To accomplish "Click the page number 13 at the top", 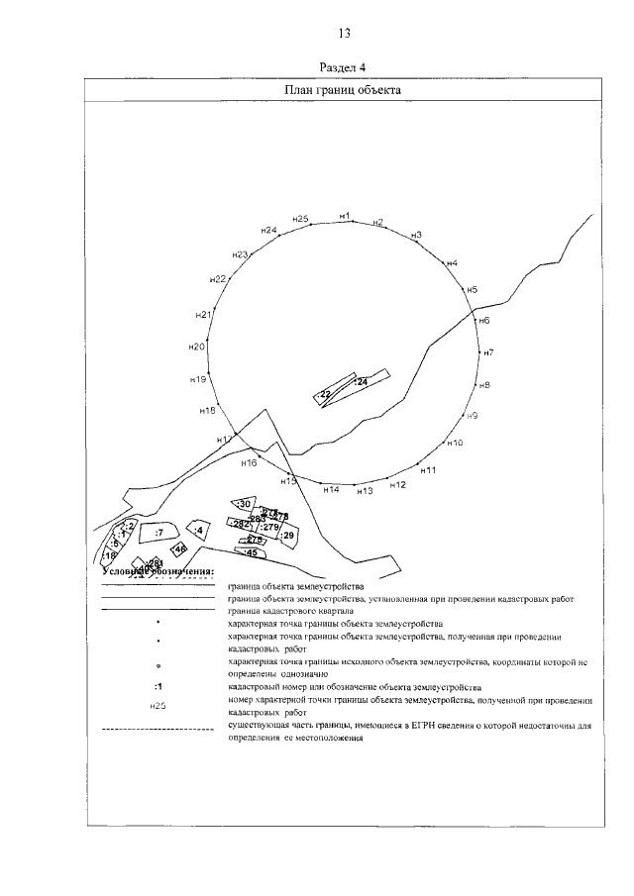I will coord(343,33).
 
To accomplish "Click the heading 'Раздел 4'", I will coord(343,67).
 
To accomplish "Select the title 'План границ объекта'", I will coord(342,89).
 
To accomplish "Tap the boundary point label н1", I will coord(345,215).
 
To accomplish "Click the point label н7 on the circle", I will coord(488,352).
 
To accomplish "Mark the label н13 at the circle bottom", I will coord(364,491).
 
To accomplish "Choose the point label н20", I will coord(196,347).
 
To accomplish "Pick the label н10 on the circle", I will coord(455,443).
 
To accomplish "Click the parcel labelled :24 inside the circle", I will coord(362,381).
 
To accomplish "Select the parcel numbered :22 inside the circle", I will coord(324,394).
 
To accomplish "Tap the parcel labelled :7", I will coord(158,534).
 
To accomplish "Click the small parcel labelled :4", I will coord(199,531).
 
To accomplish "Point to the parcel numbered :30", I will coord(244,505).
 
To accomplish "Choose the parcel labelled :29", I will coord(288,536).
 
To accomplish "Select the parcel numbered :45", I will coord(251,552).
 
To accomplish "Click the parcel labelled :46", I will coord(179,548).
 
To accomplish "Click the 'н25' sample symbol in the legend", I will coord(158,706).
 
